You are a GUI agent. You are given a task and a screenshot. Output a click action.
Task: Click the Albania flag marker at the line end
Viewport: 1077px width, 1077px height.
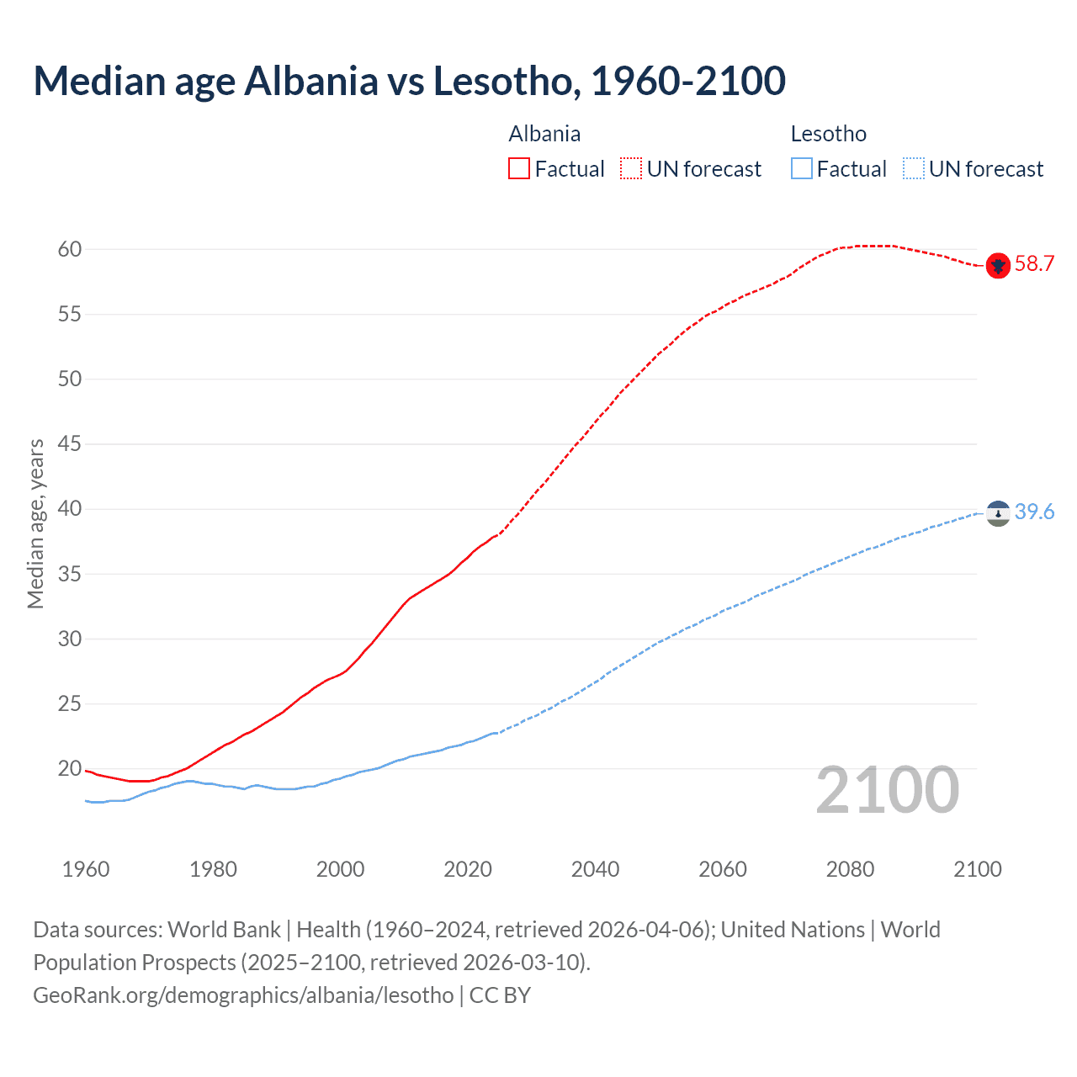tap(997, 265)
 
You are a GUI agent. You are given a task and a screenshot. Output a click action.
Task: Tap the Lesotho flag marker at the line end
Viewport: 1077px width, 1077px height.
tap(997, 512)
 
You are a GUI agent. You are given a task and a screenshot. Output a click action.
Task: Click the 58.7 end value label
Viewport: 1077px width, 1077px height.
tap(1034, 263)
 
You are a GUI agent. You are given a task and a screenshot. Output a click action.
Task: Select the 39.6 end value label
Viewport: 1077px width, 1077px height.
tap(1034, 512)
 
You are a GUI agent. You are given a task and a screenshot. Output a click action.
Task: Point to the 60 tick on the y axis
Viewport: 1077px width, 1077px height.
tap(70, 249)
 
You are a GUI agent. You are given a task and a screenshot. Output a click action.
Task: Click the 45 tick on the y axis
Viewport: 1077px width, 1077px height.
tap(70, 443)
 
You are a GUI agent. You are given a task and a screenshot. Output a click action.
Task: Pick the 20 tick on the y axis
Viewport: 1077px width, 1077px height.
tap(70, 768)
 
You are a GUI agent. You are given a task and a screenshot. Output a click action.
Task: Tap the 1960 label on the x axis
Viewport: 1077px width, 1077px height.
tap(86, 869)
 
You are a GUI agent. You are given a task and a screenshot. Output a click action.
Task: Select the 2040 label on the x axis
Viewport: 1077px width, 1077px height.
tap(595, 869)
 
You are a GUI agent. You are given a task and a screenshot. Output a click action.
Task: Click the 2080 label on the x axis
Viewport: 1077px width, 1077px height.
tap(850, 869)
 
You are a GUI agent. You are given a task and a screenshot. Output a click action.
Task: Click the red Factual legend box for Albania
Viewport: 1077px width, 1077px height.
tap(519, 169)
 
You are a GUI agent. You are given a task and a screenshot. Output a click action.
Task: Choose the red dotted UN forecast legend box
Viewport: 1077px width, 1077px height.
tap(631, 169)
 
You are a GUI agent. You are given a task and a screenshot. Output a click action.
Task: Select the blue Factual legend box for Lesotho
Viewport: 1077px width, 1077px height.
tap(801, 169)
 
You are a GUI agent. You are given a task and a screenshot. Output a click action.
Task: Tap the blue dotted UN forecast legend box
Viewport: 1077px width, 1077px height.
tap(913, 169)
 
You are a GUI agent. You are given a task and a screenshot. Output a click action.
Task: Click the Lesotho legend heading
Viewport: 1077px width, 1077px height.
tap(828, 134)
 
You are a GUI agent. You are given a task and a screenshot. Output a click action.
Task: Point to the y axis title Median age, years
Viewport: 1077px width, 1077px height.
tap(35, 523)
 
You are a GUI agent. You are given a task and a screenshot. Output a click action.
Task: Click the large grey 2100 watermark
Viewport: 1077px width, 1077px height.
tap(887, 789)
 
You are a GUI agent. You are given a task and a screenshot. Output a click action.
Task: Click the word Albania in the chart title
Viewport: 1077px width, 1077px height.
tap(311, 81)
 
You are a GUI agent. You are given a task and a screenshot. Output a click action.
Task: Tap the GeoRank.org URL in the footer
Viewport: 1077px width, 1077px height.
tap(243, 995)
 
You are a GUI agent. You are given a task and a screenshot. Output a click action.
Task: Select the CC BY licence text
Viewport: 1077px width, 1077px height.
tap(500, 995)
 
